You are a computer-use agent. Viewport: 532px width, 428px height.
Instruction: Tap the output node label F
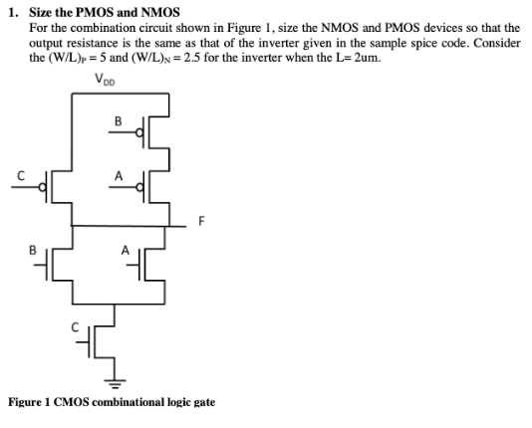pos(201,221)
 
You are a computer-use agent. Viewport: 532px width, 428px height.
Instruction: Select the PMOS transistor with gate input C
pos(59,185)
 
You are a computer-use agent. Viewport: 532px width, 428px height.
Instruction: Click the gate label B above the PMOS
pos(118,121)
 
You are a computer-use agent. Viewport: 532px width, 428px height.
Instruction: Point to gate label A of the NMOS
pos(125,251)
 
